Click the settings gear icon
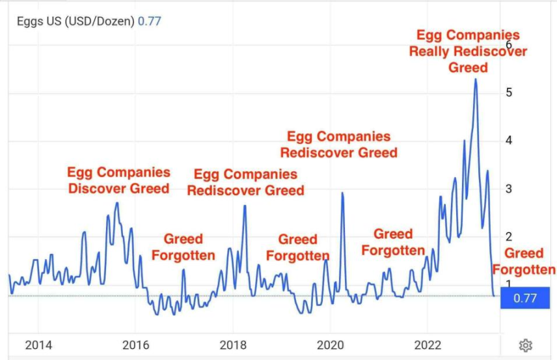(526, 345)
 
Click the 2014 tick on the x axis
(38, 345)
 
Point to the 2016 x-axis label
(135, 345)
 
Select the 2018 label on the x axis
(233, 345)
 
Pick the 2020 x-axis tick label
(330, 345)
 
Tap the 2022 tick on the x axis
(428, 345)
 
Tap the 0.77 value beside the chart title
(150, 21)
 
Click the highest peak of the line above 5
(476, 79)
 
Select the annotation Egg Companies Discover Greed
(119, 180)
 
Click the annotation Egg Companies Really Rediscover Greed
(469, 51)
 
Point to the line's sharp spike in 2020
(342, 193)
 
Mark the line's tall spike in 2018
(245, 206)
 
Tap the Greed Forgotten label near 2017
(183, 247)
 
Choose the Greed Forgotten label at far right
(524, 261)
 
